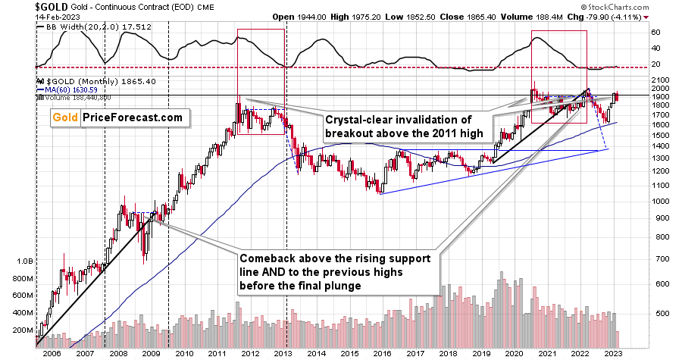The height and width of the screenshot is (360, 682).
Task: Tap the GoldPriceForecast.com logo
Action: (117, 117)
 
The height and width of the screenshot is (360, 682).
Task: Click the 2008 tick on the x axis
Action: (112, 353)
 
